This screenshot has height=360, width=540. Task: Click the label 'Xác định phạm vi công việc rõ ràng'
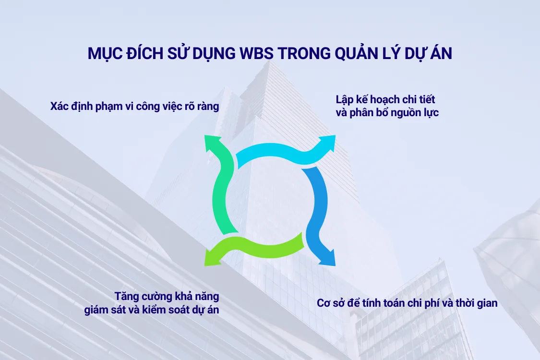coord(135,106)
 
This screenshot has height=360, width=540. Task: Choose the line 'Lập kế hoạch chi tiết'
coord(385,100)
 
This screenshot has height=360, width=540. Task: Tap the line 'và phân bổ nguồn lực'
coord(387,113)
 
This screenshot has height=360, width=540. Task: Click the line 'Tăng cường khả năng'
coord(167,296)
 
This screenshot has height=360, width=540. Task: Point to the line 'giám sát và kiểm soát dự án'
coord(152,310)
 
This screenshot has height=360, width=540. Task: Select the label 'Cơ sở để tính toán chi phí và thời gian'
coord(407,303)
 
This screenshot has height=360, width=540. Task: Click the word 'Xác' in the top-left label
coord(59,106)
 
